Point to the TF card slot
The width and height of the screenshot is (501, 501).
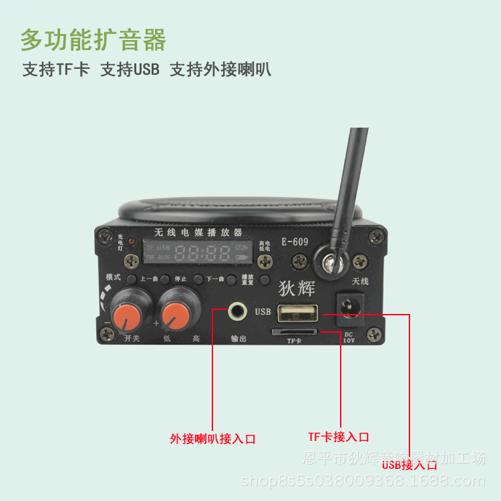coord(294,331)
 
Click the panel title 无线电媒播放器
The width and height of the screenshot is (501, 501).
coord(198,232)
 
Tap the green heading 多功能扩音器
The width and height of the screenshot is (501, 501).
coord(93,41)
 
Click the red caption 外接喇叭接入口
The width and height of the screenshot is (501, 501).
coord(212,439)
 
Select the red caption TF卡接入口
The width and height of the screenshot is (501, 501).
coord(338,437)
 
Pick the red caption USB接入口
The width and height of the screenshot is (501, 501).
coord(409,464)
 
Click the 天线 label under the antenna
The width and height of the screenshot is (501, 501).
coord(360,281)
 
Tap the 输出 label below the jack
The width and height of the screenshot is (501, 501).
coord(238,339)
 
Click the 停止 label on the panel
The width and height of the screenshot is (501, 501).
coord(180,279)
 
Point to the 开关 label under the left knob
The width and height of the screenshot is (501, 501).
coord(132,339)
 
